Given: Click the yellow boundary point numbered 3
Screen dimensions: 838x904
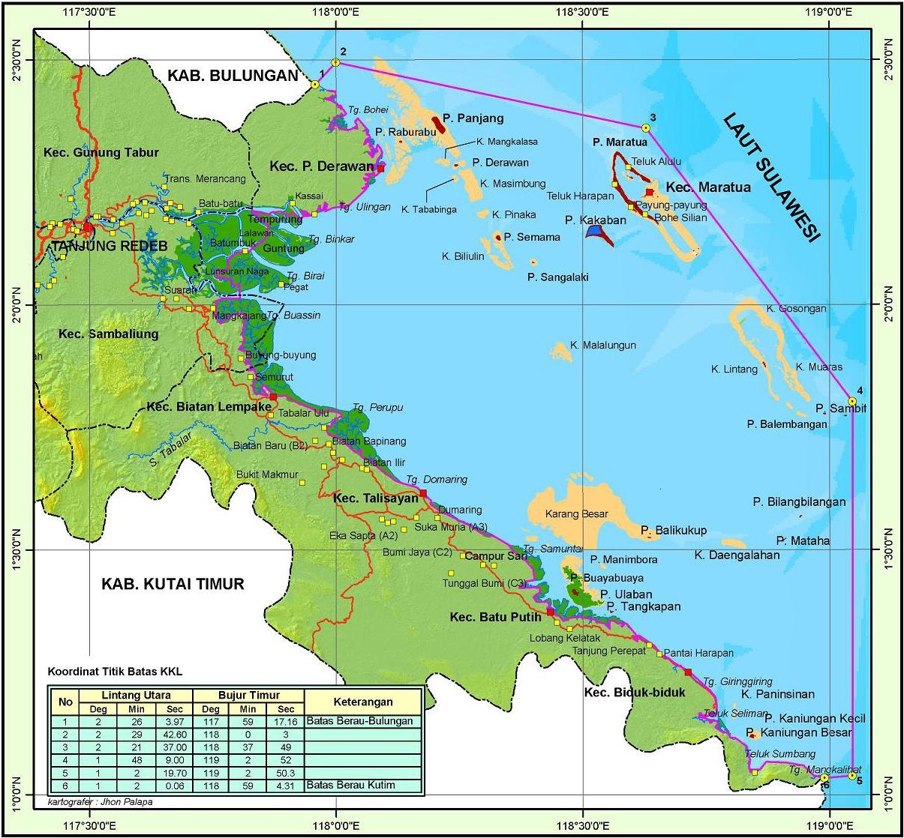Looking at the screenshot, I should tap(646, 127).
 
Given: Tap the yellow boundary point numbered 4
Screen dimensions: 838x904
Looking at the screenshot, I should tap(852, 400).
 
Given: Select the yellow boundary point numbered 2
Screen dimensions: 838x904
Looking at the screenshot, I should tap(335, 63).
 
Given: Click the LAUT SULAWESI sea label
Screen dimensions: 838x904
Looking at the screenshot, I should tap(772, 177).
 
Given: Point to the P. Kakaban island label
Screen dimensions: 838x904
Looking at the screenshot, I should tap(595, 220).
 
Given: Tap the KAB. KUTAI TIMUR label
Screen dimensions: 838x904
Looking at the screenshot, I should tap(173, 584).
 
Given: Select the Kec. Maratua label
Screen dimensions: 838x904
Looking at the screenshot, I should tap(708, 187).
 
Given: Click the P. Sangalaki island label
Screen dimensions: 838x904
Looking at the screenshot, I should tap(557, 277).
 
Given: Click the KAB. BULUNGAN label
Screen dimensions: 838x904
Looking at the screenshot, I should tap(233, 75).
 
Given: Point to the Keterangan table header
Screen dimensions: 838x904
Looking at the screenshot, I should tap(364, 702).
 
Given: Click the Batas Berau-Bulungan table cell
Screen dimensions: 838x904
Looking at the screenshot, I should tap(360, 721).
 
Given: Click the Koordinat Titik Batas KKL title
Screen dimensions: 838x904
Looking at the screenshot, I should tap(115, 671).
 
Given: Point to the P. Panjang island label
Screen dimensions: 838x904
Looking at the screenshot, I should tap(473, 118).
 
